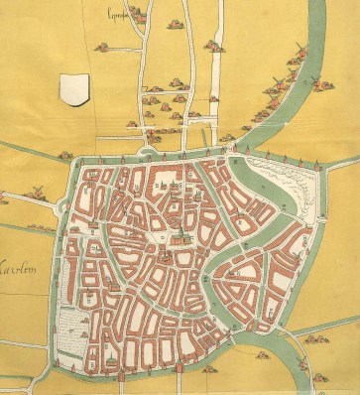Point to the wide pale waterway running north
click(217, 69)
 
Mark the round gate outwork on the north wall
click(152, 152)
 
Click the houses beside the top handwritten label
click(102, 46)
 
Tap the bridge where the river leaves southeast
click(285, 332)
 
